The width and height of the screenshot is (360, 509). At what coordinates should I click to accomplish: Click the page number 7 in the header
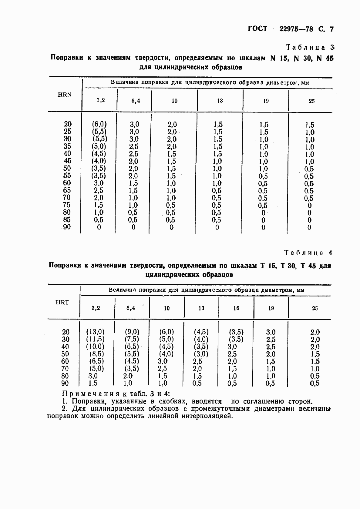(331, 29)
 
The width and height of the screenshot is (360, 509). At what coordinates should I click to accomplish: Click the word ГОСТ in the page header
(258, 29)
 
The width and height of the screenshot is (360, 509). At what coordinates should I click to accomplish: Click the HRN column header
(65, 95)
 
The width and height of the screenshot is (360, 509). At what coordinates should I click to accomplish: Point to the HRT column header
(62, 302)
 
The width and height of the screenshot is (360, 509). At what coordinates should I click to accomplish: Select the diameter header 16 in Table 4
(236, 308)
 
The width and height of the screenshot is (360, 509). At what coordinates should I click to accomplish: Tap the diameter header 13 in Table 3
(220, 101)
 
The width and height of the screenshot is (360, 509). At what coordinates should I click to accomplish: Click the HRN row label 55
(67, 176)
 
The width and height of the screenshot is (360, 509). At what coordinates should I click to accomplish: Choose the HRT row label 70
(65, 369)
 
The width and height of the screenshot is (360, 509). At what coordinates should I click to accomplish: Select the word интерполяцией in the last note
(207, 416)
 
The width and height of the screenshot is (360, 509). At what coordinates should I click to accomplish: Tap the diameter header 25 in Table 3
(311, 101)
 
